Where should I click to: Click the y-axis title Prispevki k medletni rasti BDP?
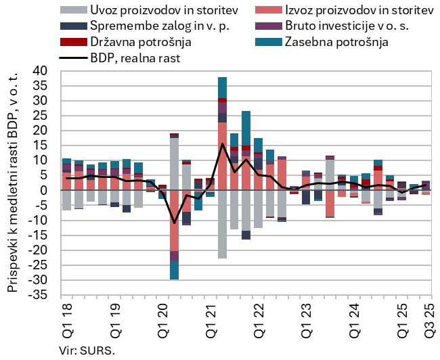click(x=12, y=183)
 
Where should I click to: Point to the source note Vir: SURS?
click(x=87, y=351)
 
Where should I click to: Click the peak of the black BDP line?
click(x=223, y=143)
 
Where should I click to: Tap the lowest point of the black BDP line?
click(x=175, y=223)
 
